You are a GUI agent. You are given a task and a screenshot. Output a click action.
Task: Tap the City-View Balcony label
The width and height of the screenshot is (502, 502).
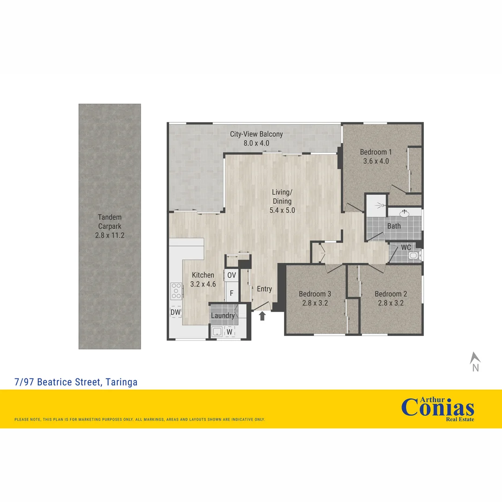[256, 134]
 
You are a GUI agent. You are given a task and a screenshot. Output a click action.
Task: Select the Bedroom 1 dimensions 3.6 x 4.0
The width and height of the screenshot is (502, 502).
[376, 161]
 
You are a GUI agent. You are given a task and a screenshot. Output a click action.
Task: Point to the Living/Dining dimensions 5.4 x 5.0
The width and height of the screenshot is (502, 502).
[282, 210]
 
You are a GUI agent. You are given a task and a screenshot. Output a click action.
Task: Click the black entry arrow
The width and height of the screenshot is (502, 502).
[262, 316]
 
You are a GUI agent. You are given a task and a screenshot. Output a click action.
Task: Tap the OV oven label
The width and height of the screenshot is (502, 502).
[231, 275]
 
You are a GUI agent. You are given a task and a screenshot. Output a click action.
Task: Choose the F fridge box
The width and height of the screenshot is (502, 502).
[231, 294]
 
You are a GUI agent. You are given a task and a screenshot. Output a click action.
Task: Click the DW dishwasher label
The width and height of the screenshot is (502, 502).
[175, 312]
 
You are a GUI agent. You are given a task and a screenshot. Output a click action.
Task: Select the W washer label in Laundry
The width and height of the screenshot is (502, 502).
[229, 332]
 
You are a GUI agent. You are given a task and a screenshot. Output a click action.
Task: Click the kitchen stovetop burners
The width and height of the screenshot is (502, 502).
[176, 291]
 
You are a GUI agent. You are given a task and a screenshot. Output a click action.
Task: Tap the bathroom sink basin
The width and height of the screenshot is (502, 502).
[404, 213]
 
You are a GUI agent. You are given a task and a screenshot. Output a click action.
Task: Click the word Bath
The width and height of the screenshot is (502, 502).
[394, 226]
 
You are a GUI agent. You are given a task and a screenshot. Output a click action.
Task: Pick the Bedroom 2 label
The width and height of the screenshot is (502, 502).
[390, 294]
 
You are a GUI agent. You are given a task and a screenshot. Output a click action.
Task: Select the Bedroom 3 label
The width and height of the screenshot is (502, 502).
[315, 294]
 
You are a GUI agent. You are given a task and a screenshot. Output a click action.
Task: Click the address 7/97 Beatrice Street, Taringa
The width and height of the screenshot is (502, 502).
[76, 382]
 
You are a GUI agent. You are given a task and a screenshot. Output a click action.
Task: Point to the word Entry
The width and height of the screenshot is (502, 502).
[264, 289]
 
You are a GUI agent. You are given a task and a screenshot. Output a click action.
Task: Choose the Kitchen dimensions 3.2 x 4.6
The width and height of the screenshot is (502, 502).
[204, 284]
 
